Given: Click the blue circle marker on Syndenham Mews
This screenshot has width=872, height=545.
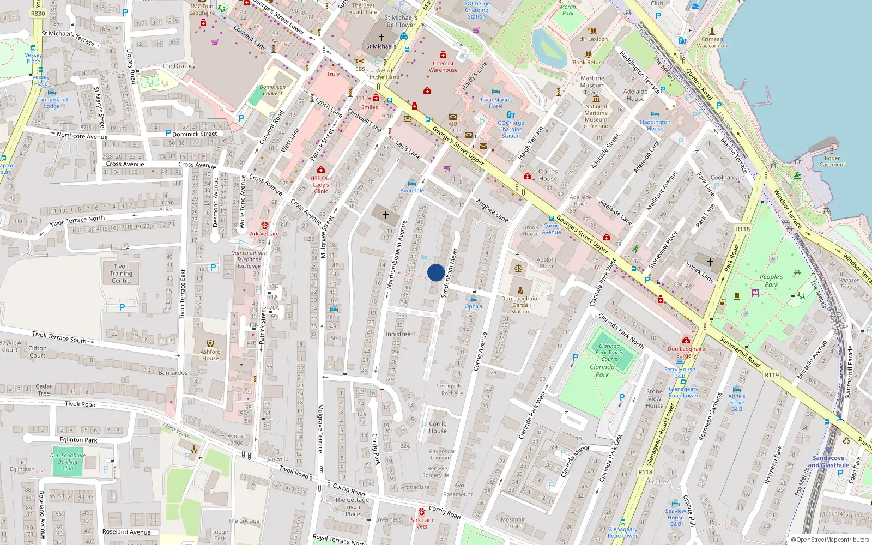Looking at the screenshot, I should [x=436, y=272].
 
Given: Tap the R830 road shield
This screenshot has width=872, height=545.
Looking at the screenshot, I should [x=38, y=14].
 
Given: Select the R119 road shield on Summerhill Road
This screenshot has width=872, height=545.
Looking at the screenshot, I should [x=772, y=375].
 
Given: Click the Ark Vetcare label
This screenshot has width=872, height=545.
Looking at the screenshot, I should [x=264, y=234].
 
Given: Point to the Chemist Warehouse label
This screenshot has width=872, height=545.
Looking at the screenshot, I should [x=443, y=66].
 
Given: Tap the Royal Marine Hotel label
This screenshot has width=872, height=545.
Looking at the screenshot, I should [x=495, y=103].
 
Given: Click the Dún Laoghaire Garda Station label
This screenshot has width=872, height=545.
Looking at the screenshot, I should [x=520, y=305].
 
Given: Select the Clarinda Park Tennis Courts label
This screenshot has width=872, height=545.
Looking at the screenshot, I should [x=609, y=353].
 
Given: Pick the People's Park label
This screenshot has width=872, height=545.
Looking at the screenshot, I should [x=771, y=281].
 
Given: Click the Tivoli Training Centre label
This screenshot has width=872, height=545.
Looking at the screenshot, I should [x=121, y=274].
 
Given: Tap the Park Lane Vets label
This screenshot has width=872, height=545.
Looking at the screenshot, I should [x=422, y=523].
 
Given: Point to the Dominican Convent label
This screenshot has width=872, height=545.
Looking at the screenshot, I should [x=272, y=90].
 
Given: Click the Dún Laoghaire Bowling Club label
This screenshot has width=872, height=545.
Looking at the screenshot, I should [x=68, y=462].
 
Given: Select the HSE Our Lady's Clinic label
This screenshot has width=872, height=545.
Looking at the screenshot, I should [x=321, y=185].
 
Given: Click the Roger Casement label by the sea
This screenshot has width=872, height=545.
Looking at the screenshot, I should [x=832, y=161].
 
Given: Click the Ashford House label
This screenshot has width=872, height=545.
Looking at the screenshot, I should [x=210, y=355].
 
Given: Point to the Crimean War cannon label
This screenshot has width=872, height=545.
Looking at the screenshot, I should [x=712, y=43].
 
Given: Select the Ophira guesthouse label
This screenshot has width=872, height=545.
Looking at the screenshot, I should [x=473, y=306].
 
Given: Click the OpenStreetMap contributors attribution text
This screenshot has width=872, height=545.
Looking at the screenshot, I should [x=830, y=540].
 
